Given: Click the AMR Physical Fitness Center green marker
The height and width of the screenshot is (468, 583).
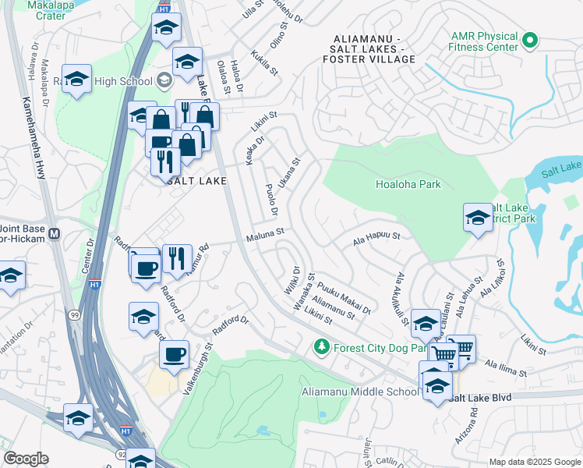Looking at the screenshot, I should (531, 38).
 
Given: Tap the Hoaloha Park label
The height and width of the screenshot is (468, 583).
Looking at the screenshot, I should (408, 185).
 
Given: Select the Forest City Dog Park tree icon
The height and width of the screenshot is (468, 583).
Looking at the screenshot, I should (320, 346).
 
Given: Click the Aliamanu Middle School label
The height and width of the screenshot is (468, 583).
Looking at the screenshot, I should (359, 392).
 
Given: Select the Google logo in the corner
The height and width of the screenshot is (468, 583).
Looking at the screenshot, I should (26, 459).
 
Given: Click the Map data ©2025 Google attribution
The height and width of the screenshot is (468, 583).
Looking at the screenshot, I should (534, 462).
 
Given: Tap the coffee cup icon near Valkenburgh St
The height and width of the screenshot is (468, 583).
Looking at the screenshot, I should (174, 353).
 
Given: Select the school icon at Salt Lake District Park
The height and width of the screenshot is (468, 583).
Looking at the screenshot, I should (477, 218).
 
